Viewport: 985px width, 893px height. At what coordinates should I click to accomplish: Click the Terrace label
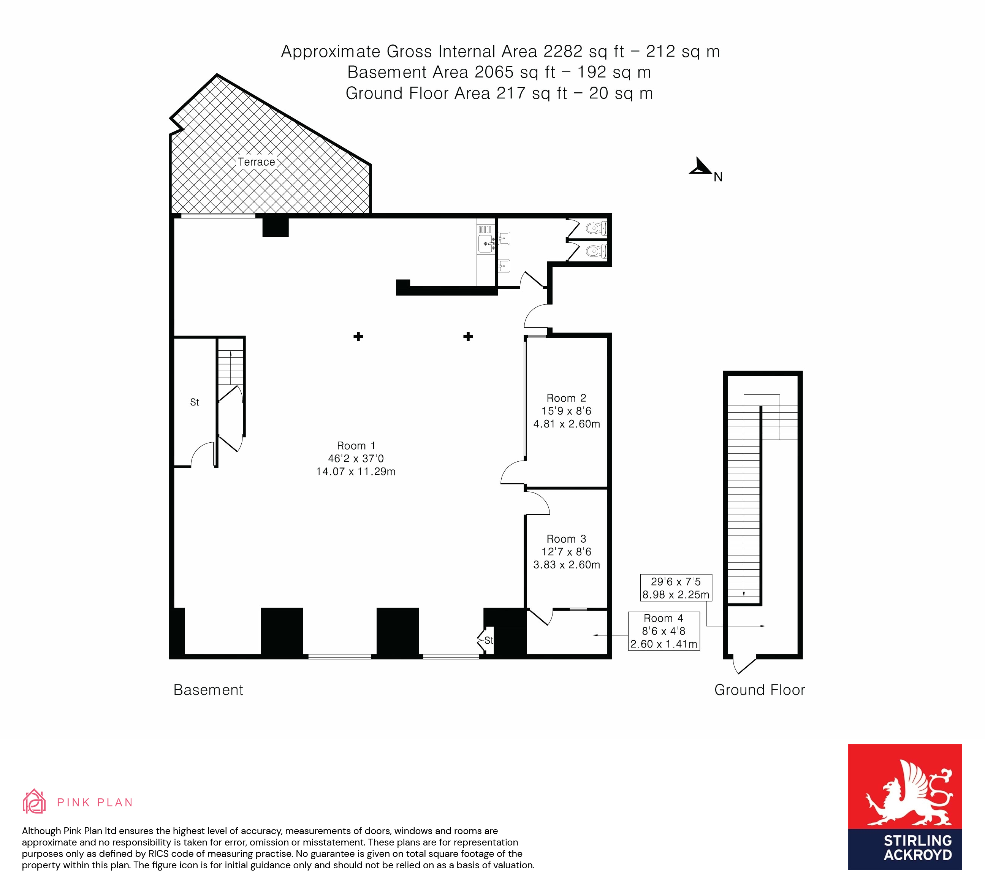click(x=256, y=162)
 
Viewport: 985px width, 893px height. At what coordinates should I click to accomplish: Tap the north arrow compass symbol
click(x=702, y=167)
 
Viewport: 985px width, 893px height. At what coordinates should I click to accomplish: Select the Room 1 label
click(x=356, y=445)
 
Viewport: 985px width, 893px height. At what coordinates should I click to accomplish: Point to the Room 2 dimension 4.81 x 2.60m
click(x=567, y=424)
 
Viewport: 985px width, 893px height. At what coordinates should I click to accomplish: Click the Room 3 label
click(x=566, y=539)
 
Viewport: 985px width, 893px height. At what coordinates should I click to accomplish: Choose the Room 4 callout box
click(x=664, y=631)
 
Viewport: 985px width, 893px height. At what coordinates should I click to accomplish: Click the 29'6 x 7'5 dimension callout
click(x=676, y=588)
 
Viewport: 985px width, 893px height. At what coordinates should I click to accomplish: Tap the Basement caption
click(x=208, y=690)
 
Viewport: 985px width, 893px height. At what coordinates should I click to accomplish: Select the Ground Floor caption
click(x=759, y=690)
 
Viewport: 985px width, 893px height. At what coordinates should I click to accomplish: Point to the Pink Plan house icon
click(x=34, y=802)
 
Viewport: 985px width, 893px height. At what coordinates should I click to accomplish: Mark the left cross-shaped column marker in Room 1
click(x=358, y=337)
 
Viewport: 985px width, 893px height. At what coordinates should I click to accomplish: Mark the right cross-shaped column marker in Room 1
click(x=468, y=337)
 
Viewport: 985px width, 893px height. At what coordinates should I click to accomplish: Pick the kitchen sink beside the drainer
click(x=487, y=243)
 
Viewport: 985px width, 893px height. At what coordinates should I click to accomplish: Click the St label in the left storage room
click(x=195, y=402)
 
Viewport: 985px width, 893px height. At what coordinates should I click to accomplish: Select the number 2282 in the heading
click(x=563, y=51)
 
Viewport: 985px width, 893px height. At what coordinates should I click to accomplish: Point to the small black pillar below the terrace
click(x=276, y=226)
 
